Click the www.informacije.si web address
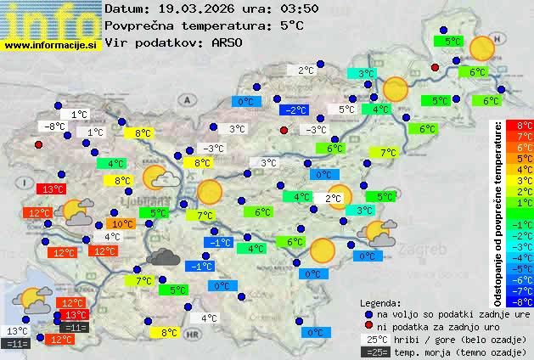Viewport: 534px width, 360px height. (51, 44)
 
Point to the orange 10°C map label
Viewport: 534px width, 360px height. (122, 224)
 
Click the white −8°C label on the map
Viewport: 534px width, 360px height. (54, 127)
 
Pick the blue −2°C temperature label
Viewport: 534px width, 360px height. (294, 110)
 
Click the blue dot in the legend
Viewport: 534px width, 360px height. (368, 314)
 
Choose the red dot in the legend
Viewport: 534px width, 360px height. (368, 326)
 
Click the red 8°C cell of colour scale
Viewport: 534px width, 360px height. (519, 125)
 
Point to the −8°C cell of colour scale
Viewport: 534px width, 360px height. (519, 301)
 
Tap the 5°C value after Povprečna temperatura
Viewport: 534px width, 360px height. (291, 25)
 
